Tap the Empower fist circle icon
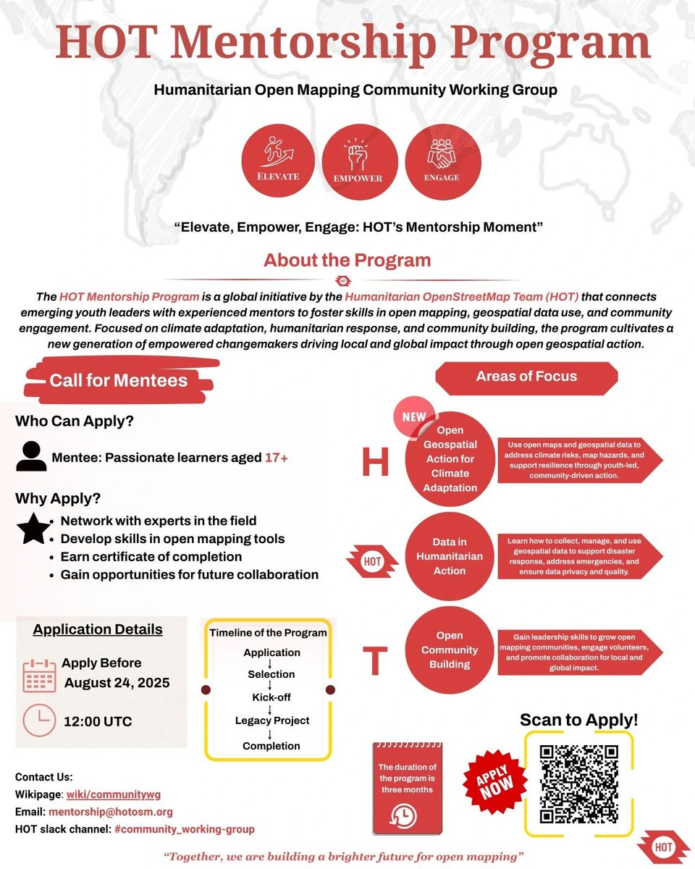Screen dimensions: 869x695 click(361, 162)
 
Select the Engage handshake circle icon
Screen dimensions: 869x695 click(442, 162)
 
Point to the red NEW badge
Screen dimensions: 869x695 click(415, 418)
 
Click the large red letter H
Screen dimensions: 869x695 click(375, 462)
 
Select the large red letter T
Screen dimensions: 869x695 click(374, 659)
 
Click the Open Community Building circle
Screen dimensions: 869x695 click(450, 650)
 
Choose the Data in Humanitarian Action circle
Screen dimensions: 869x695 click(450, 556)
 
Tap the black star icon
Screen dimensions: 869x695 click(33, 529)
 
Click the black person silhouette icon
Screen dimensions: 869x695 click(31, 456)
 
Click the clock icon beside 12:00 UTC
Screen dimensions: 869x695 click(39, 721)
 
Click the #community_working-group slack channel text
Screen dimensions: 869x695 click(185, 829)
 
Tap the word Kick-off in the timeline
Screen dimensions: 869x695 click(271, 697)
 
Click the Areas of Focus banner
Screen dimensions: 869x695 click(526, 377)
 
